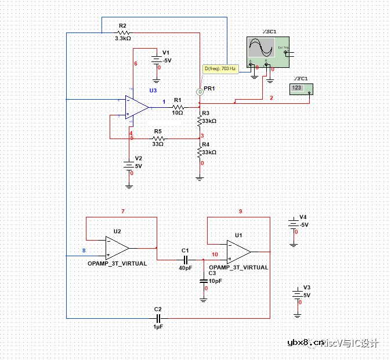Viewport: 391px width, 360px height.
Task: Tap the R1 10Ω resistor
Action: point(177,107)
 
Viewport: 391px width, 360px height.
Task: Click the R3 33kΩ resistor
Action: point(200,119)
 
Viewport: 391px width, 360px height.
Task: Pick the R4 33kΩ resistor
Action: point(200,151)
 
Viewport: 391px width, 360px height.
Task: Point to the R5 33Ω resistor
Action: point(157,139)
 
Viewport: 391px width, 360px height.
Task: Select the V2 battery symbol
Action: point(129,165)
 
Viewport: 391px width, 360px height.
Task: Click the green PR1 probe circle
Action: point(200,92)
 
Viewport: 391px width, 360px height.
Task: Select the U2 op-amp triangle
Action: point(117,248)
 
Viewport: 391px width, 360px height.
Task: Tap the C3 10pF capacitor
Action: point(204,281)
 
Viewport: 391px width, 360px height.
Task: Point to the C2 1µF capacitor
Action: point(158,318)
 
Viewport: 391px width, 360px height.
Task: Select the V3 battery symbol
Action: point(297,294)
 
